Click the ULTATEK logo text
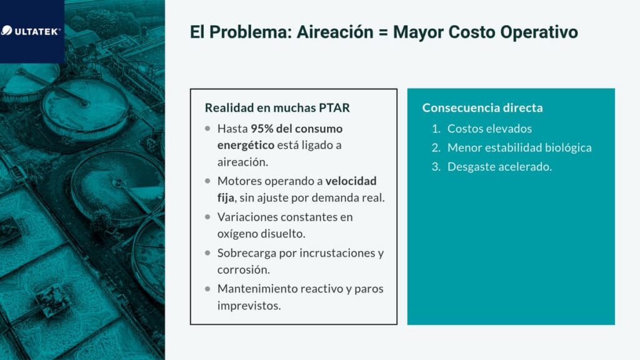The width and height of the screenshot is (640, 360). pos(36,31)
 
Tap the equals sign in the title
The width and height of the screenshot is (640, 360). pos(383,32)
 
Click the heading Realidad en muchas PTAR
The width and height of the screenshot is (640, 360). pos(277,107)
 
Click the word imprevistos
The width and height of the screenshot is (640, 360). pos(249,306)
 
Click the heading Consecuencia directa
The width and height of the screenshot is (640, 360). pos(482,107)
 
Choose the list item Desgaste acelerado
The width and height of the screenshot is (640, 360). pos(499,167)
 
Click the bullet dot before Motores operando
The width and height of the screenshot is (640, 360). pos(207,181)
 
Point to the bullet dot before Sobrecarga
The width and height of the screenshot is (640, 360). pos(207,253)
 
